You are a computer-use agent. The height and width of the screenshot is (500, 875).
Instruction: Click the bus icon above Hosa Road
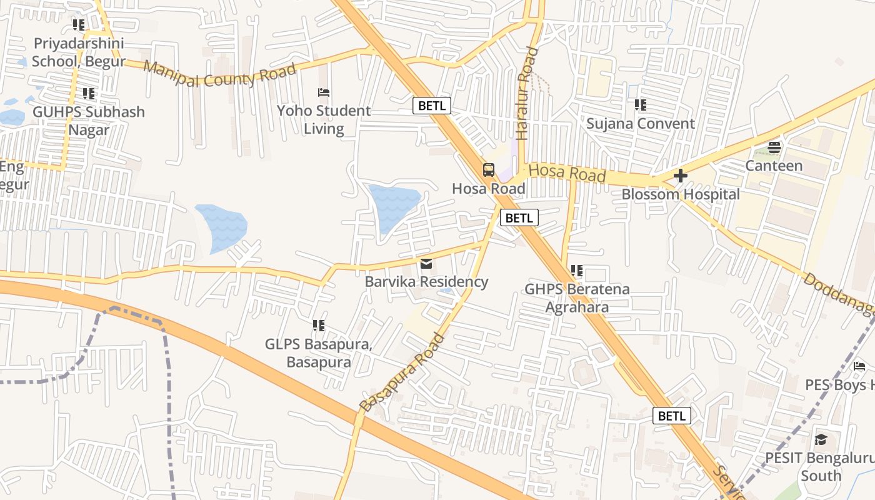pos(489,170)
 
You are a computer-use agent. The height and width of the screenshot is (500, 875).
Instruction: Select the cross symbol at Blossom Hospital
pos(681,176)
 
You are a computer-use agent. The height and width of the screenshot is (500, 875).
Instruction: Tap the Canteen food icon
pos(774,147)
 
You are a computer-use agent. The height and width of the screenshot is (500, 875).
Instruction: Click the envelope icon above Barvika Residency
pos(426,264)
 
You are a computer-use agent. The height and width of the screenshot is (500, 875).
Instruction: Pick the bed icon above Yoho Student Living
pos(324,92)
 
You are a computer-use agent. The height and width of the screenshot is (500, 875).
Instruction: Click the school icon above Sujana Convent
pos(640,105)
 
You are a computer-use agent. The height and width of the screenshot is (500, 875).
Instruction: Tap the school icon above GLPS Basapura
pos(319,326)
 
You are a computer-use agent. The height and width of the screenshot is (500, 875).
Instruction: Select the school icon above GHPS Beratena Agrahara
pos(577,271)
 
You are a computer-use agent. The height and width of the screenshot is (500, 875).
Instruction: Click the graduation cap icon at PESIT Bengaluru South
pos(821,440)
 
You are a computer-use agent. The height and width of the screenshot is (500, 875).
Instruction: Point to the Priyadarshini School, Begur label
pos(79,52)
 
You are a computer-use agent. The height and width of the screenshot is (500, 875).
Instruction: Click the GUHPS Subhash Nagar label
pos(89,121)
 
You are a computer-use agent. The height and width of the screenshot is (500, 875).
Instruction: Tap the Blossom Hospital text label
pos(680,194)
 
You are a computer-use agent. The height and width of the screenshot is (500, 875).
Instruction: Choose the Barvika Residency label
pos(426,282)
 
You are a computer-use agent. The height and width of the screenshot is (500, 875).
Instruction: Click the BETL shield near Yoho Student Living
pos(431,106)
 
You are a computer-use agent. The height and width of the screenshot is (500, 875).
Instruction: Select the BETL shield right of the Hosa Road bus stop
pos(519,217)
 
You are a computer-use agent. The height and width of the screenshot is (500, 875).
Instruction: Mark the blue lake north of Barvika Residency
pos(394,204)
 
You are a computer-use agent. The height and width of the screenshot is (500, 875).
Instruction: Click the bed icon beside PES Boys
pos(859,366)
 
